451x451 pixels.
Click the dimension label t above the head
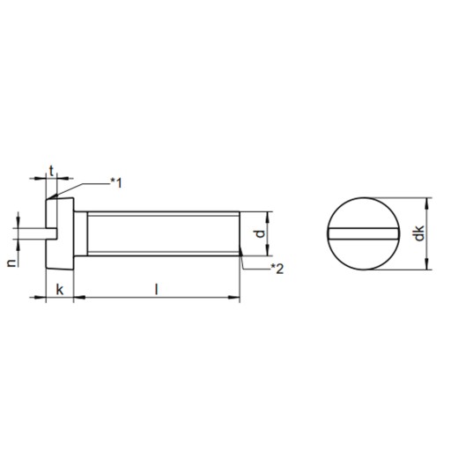tap(52, 171)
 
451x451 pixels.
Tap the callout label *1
tap(116, 183)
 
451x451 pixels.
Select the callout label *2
tap(277, 269)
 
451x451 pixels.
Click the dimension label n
tap(11, 263)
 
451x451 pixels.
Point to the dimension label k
tap(60, 290)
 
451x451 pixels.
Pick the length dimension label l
tap(157, 289)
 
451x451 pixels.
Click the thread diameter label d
tap(260, 233)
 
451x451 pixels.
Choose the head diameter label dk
tap(420, 233)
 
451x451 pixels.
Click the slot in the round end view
tap(364, 233)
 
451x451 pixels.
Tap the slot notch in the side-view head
tap(51, 233)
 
